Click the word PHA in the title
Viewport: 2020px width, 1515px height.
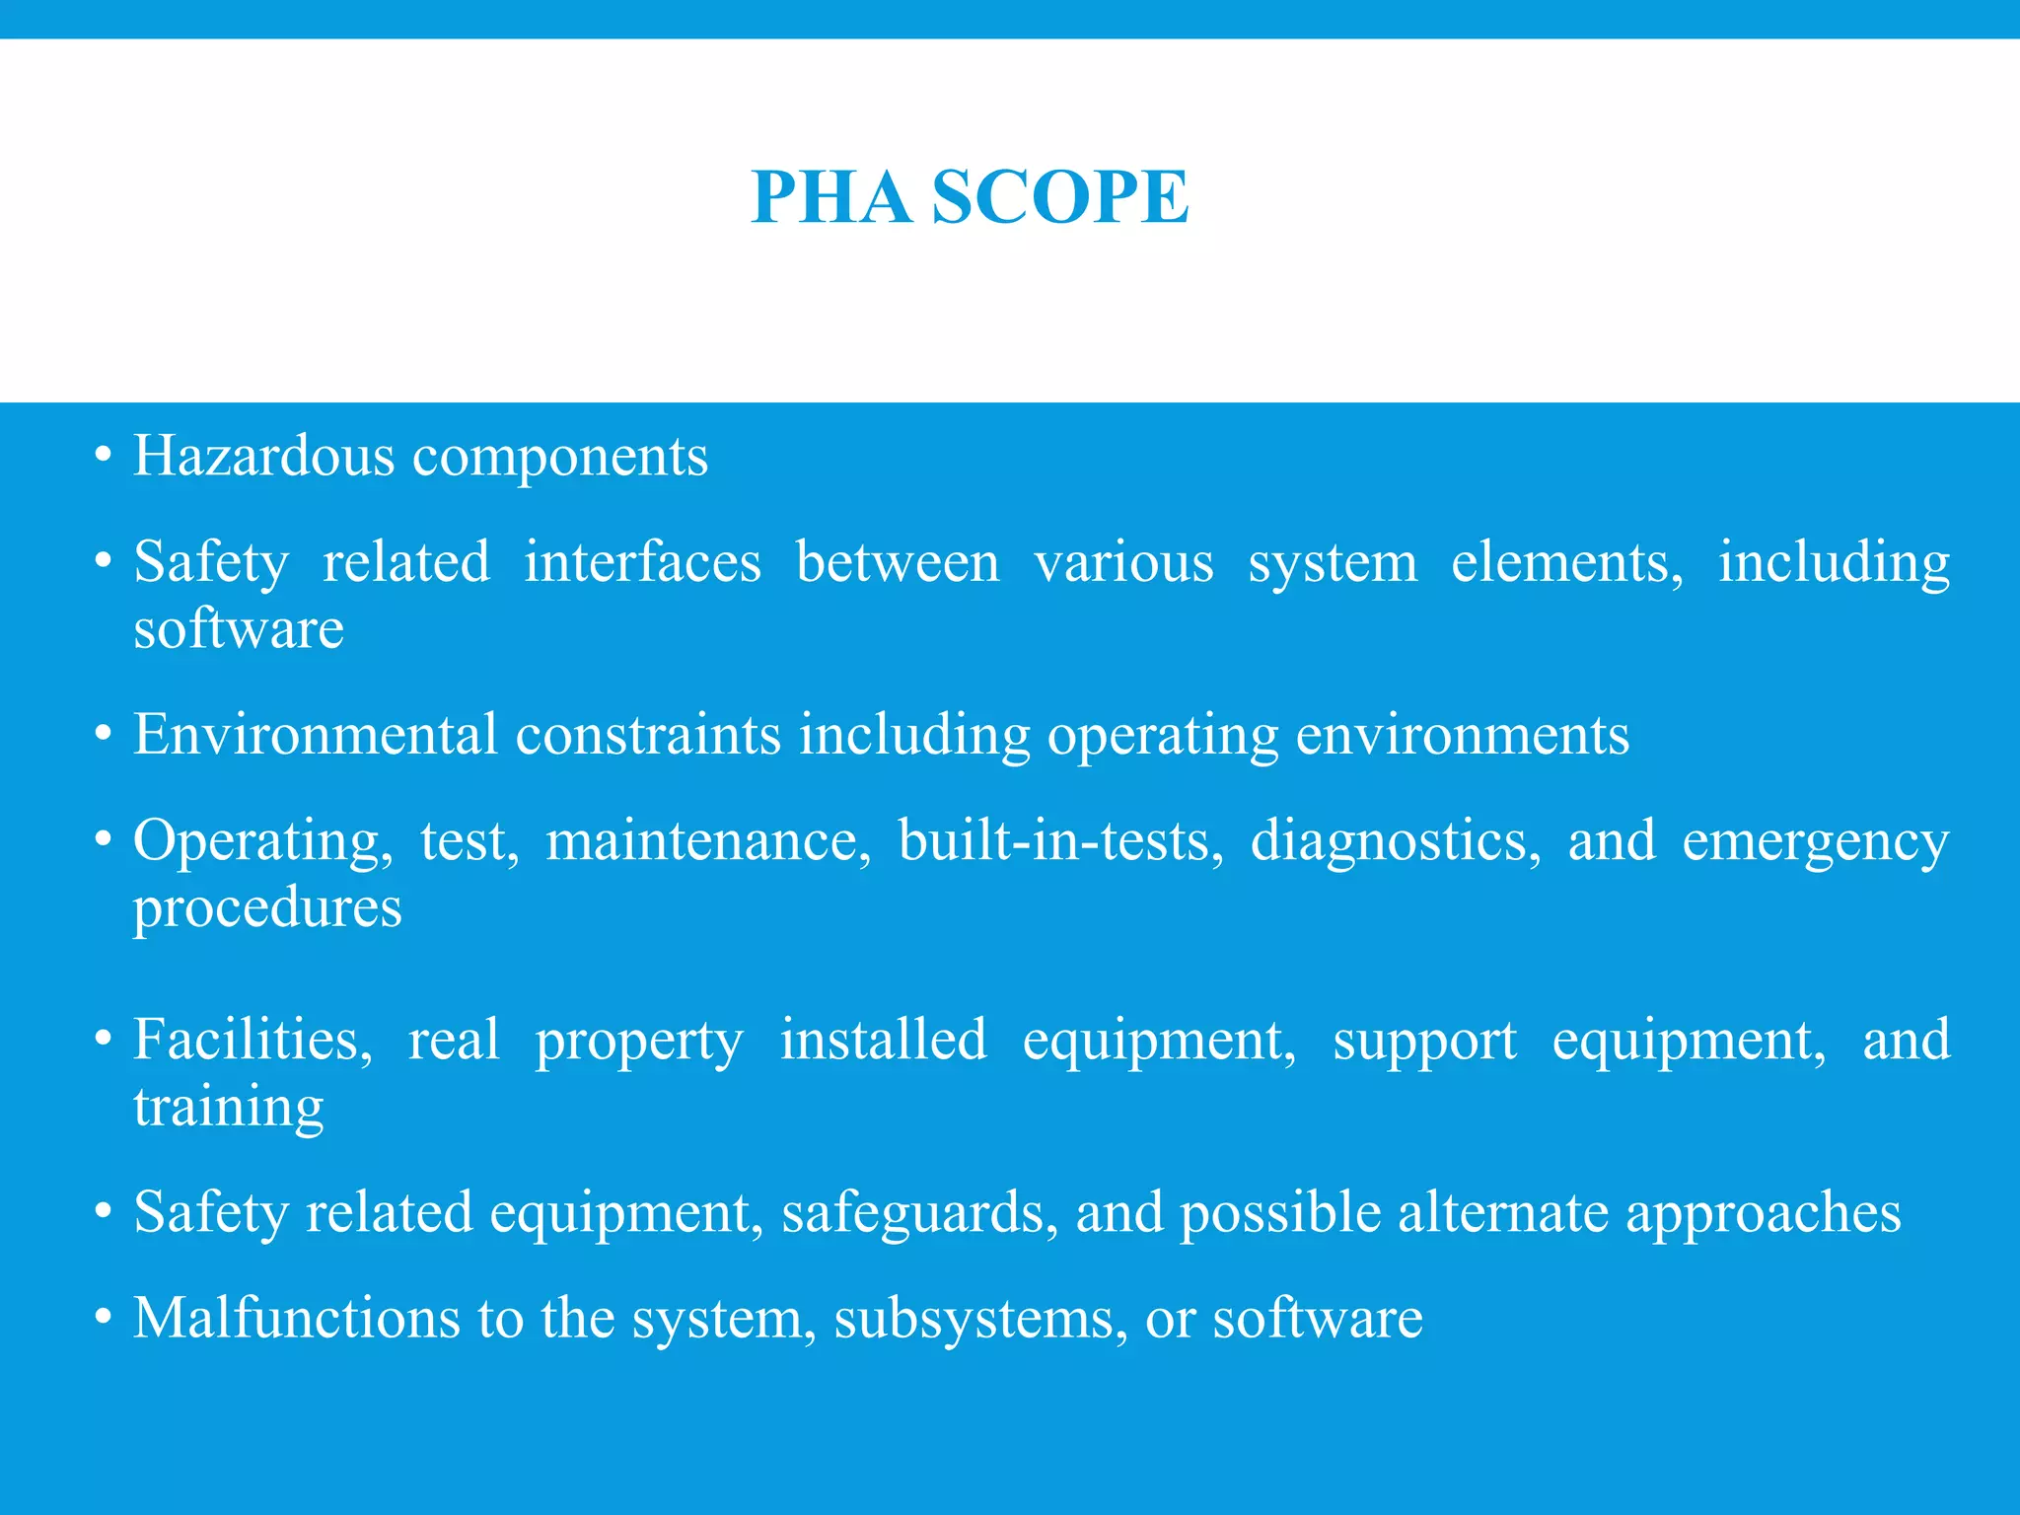(x=830, y=197)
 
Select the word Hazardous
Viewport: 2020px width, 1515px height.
(x=263, y=456)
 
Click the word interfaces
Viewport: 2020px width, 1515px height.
(x=642, y=562)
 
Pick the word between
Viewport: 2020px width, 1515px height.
(x=898, y=562)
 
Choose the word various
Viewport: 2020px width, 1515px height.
(x=1123, y=562)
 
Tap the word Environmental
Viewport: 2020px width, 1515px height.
(x=316, y=735)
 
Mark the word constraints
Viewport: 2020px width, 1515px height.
(x=648, y=735)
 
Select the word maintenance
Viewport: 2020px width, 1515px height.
(x=708, y=840)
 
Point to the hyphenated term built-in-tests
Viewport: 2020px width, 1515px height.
(x=1061, y=840)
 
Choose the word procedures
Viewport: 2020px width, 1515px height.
(x=267, y=907)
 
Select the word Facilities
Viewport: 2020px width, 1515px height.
(x=253, y=1040)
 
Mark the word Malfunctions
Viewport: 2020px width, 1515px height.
(x=297, y=1318)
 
